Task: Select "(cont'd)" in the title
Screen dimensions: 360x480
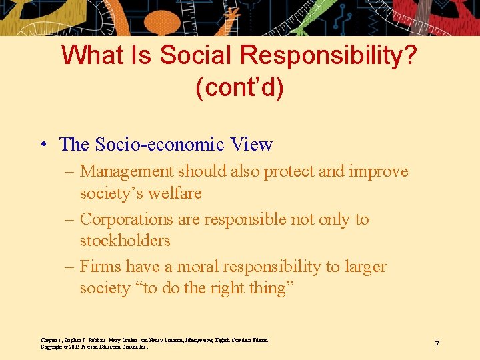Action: tap(239, 87)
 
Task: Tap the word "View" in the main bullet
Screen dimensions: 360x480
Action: tap(251, 145)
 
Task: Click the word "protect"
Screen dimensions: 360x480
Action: tap(289, 171)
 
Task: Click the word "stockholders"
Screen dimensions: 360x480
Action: tap(125, 241)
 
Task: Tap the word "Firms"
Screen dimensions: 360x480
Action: tap(101, 267)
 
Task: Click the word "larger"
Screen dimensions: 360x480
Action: tap(365, 267)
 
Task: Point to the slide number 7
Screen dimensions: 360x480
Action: tap(437, 344)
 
